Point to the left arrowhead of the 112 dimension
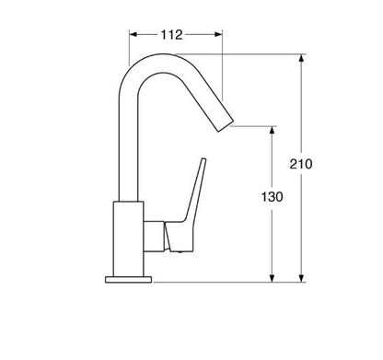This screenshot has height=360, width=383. [x=133, y=34]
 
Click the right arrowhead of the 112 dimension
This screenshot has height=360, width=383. [x=218, y=34]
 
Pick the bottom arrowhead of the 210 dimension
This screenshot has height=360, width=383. [x=301, y=275]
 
